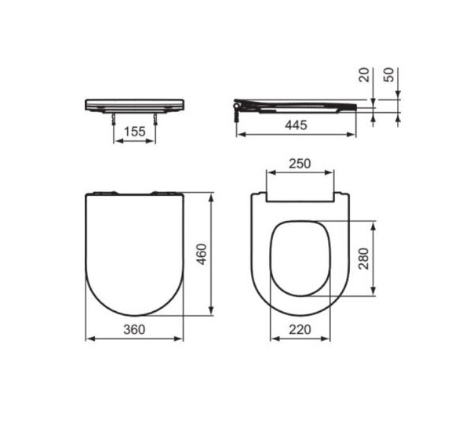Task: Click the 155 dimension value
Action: [136, 132]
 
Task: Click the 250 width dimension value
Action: [300, 164]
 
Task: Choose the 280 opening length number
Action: [363, 258]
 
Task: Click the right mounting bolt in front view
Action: [156, 120]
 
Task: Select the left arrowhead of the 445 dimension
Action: [239, 135]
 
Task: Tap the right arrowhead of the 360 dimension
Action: [183, 339]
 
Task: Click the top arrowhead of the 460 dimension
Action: [212, 196]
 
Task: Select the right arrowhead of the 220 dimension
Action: [329, 339]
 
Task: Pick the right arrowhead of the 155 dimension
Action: [154, 143]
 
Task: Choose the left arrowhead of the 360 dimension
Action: [87, 339]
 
